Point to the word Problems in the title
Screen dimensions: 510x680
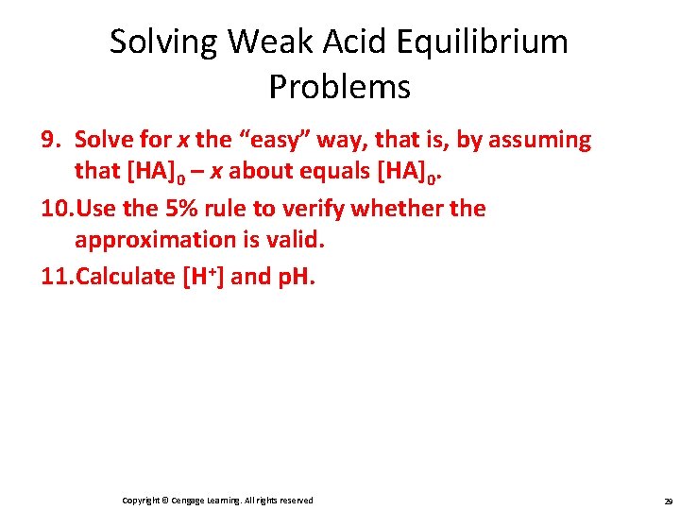point(339,87)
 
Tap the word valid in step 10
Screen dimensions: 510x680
point(297,240)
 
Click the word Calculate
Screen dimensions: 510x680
point(125,276)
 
